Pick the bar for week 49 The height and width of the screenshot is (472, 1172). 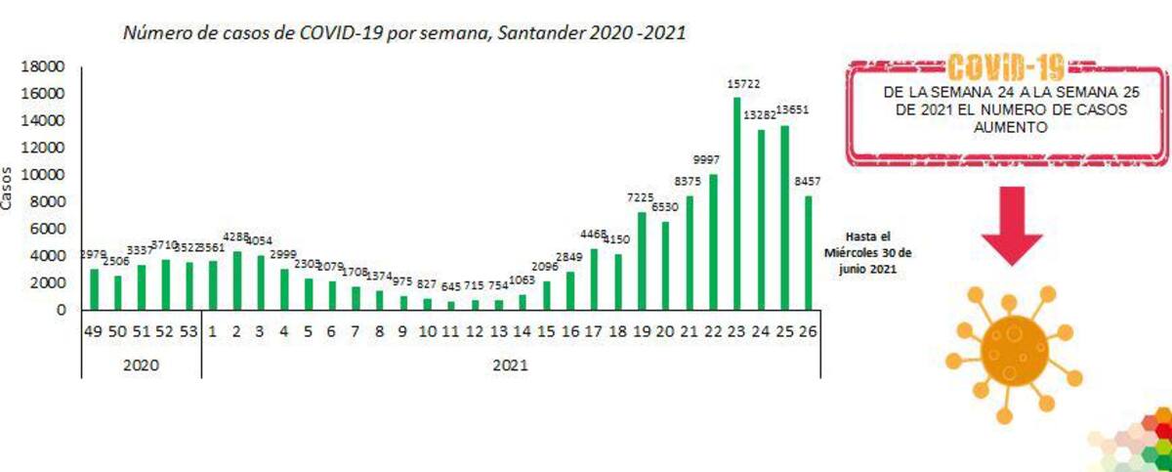pos(95,288)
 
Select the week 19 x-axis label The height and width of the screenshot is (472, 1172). pos(642,332)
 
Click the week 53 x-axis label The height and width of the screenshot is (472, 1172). pos(189,332)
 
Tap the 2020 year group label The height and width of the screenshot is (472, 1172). pos(142,364)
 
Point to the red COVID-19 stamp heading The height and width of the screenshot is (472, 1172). pos(1006,68)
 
